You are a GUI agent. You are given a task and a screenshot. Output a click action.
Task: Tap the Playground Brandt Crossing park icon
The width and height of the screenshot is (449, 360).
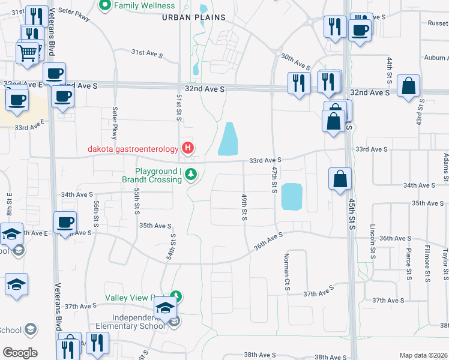click(x=191, y=175)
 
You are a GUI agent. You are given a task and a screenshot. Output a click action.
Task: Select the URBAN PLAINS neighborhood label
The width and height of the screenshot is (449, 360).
click(x=194, y=17)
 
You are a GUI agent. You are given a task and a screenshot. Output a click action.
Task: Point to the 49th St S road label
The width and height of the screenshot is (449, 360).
click(x=244, y=206)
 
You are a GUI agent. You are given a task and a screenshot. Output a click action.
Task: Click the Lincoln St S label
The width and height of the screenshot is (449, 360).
click(x=373, y=239)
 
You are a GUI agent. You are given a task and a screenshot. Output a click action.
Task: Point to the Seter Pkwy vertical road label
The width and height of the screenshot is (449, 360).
click(x=114, y=123)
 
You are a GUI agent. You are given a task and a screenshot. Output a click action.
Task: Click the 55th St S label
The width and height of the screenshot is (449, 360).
click(x=137, y=201)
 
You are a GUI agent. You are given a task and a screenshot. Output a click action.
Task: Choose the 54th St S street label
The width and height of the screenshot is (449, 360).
click(x=170, y=247)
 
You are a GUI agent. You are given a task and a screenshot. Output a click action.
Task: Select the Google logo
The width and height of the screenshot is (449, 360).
click(x=20, y=353)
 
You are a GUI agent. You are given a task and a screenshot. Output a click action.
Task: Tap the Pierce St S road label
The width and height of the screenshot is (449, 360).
click(x=408, y=264)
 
